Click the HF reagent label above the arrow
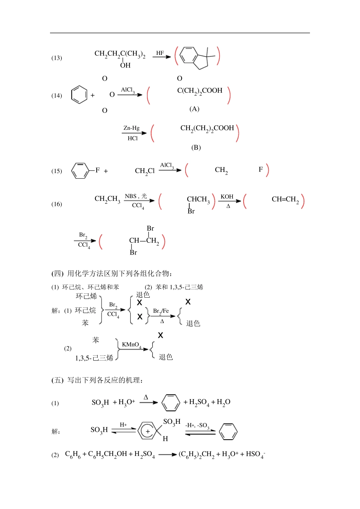[x=160, y=53]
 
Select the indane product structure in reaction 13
[x=197, y=58]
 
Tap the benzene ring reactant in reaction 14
[x=79, y=95]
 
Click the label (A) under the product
[x=194, y=109]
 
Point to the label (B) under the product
[x=196, y=147]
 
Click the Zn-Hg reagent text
[x=131, y=128]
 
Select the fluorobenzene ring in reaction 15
[x=80, y=171]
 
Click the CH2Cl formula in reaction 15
[x=145, y=171]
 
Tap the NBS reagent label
[x=130, y=196]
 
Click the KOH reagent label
[x=227, y=197]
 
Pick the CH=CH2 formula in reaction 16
[x=285, y=200]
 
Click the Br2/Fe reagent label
[x=161, y=311]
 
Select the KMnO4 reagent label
[x=131, y=345]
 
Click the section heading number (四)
[x=58, y=273]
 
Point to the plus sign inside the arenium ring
[x=147, y=431]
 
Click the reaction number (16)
[x=56, y=204]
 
